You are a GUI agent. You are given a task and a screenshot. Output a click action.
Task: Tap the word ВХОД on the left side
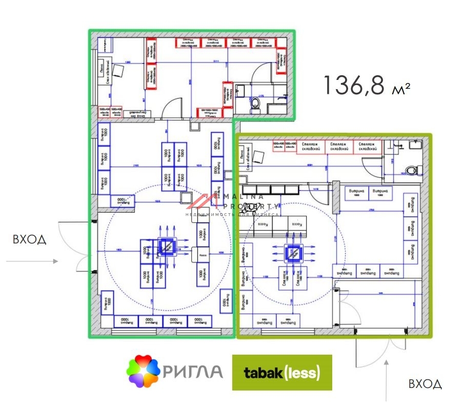tap(29, 239)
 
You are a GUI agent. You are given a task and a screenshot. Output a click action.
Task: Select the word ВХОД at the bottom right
tap(425, 383)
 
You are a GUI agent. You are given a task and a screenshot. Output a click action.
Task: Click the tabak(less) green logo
tap(282, 373)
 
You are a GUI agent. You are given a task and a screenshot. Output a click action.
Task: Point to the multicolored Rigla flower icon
tap(143, 372)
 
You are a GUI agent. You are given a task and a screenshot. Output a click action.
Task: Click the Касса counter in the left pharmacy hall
tap(203, 255)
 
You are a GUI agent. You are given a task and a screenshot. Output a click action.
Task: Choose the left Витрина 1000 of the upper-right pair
tap(356, 192)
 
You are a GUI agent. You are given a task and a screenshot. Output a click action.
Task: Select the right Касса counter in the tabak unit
tap(296, 224)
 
